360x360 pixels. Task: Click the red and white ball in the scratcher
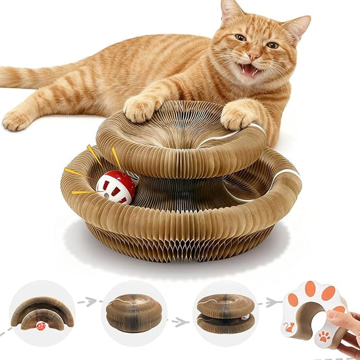click(115, 188)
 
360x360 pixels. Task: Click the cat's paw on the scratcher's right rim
click(238, 115)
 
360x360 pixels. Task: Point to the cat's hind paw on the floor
click(18, 120)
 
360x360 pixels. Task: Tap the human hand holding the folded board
click(345, 330)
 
